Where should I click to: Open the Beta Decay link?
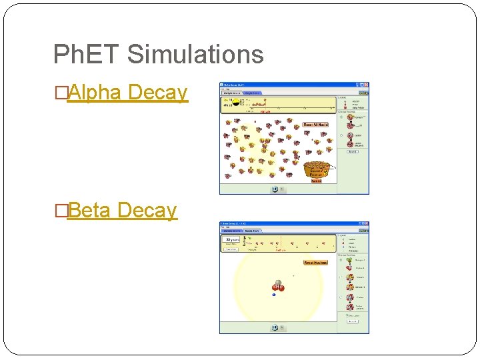coord(122,211)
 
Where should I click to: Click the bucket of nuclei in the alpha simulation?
coord(316,170)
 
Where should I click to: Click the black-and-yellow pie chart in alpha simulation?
coord(236,104)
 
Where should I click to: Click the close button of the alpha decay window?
coord(366,85)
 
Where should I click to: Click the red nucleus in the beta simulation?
coord(278,287)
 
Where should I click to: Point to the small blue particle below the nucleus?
coord(275,294)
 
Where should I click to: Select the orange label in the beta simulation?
coord(315,263)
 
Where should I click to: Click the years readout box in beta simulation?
coord(233,239)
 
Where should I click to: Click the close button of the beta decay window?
coord(366,224)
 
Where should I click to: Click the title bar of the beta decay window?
coord(287,224)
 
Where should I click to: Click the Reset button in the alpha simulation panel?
coord(353,151)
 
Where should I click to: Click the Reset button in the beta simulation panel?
coord(353,321)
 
